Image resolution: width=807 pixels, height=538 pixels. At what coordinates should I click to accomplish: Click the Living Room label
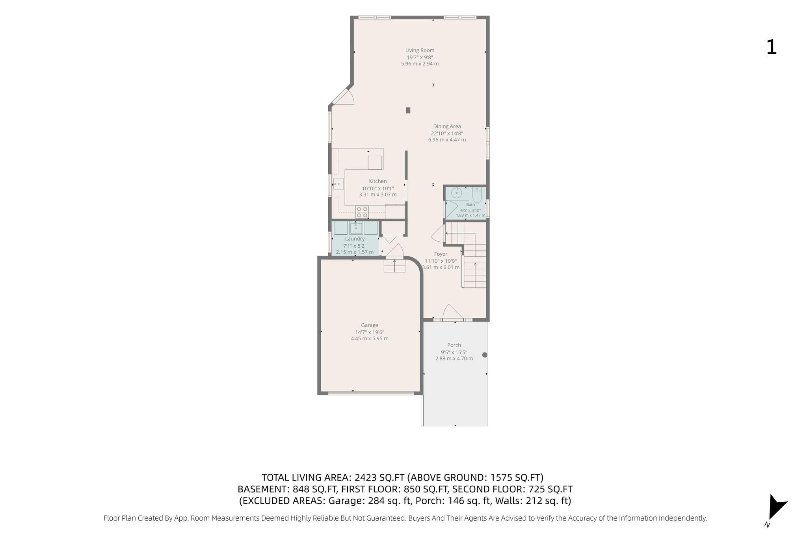click(x=420, y=50)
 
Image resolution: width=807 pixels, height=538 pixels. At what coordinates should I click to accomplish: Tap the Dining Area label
click(x=447, y=126)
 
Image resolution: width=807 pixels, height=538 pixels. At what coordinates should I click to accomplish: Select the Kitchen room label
click(x=378, y=181)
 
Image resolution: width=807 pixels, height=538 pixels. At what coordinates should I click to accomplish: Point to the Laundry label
click(x=355, y=239)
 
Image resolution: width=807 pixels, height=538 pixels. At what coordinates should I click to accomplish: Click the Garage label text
click(x=370, y=325)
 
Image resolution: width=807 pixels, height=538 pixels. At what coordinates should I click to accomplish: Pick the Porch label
click(x=454, y=345)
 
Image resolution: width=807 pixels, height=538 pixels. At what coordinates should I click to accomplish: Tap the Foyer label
click(x=441, y=254)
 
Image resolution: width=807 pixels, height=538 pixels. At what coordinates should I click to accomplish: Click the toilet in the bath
click(x=477, y=195)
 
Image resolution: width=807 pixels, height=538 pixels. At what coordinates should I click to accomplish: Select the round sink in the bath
click(x=456, y=193)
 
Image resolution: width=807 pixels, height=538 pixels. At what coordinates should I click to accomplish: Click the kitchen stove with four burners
click(x=362, y=212)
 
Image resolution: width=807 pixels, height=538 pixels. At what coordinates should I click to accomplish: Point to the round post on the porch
click(x=485, y=355)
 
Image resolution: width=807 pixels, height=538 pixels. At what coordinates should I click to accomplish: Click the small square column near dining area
click(x=408, y=110)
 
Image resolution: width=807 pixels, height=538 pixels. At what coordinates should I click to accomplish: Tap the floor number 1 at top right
click(x=771, y=47)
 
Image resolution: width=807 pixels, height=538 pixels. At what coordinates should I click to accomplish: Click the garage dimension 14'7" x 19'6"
click(x=370, y=332)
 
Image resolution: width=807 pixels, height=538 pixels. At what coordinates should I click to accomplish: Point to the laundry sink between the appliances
click(x=356, y=228)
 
